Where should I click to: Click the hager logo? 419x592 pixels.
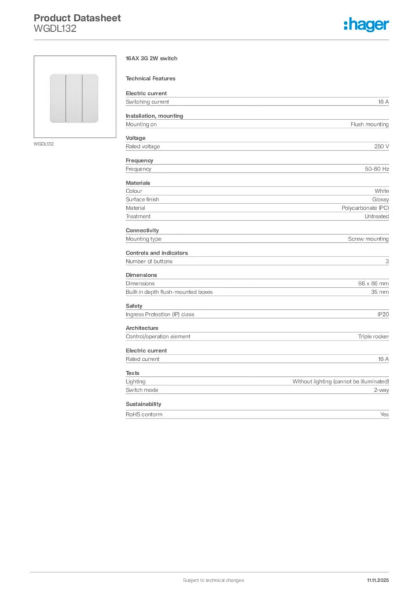coord(366,24)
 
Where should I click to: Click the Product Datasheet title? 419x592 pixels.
coord(77,18)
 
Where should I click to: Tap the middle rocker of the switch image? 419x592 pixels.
coord(74,98)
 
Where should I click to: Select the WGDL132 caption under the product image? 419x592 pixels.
coord(43,144)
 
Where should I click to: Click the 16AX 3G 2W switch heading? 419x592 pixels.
coord(151,59)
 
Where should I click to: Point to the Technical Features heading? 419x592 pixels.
coord(150,79)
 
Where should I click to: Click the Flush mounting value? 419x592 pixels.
coord(369,124)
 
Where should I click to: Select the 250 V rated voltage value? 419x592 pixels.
coord(381,147)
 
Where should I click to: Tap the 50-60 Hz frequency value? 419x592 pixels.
coord(377,169)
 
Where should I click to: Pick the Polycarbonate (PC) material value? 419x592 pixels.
coord(365,208)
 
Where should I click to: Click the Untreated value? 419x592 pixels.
coord(376,216)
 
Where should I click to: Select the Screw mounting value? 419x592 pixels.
coord(368,239)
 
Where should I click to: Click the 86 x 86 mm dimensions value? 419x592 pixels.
coord(373,284)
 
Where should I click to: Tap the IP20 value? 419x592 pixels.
coord(383,314)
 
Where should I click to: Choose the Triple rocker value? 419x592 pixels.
coord(373,336)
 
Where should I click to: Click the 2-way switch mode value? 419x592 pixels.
coord(380,390)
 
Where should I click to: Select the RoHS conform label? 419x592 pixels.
coord(144,415)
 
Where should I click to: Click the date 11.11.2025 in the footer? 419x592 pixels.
coord(377,580)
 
